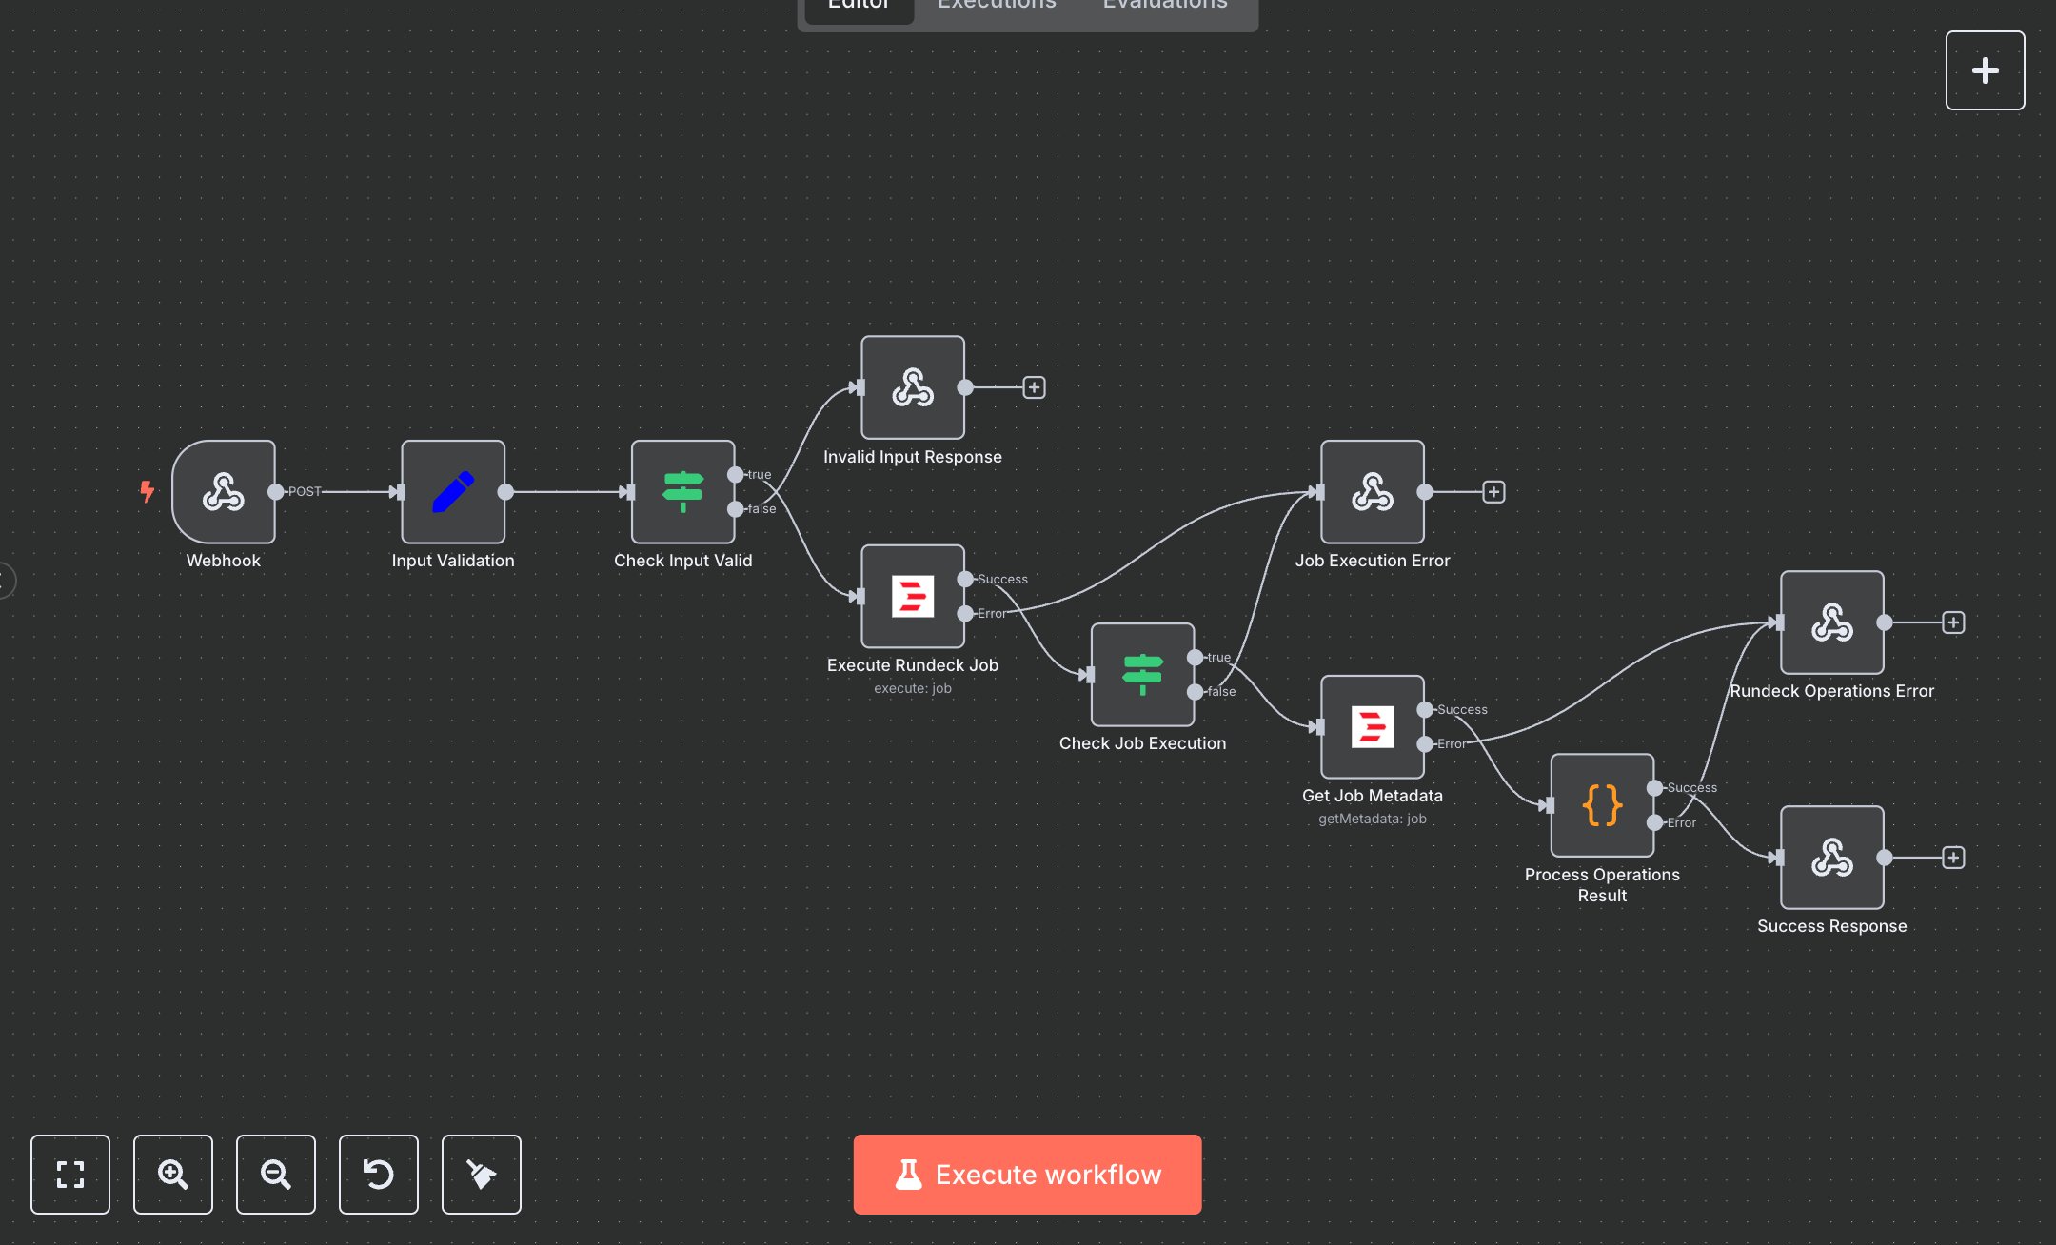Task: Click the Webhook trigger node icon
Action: click(x=224, y=492)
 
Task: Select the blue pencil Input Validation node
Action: click(x=453, y=492)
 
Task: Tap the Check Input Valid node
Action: click(x=682, y=492)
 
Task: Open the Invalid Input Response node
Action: click(x=913, y=387)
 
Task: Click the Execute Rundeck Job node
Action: click(x=913, y=597)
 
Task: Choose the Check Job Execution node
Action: click(x=1142, y=675)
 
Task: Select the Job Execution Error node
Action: click(x=1373, y=492)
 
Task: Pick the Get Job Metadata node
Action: click(x=1373, y=727)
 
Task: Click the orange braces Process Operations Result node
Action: click(x=1602, y=805)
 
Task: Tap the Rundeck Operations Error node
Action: click(x=1832, y=622)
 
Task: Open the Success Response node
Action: click(x=1832, y=858)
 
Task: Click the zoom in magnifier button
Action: click(x=173, y=1175)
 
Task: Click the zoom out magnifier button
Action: click(x=276, y=1175)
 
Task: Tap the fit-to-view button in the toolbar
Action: click(x=70, y=1175)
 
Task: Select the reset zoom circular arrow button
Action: click(x=379, y=1175)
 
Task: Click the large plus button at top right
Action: click(x=1985, y=70)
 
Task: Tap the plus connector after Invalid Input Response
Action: click(x=1034, y=387)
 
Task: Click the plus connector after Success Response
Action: click(x=1953, y=858)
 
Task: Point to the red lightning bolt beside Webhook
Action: click(x=147, y=491)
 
